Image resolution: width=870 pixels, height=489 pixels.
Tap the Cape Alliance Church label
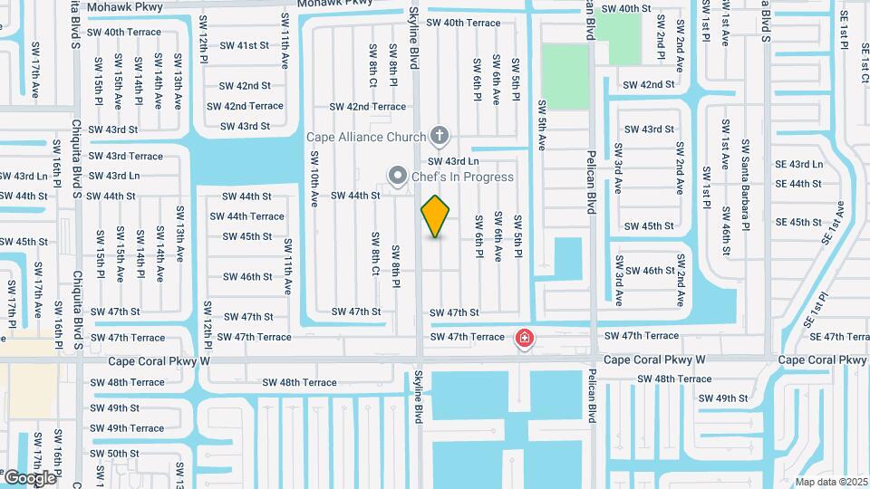pos(365,138)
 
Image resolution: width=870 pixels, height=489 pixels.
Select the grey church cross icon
pos(440,137)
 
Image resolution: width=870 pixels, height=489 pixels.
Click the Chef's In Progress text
pos(463,177)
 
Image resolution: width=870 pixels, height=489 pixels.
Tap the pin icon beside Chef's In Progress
pos(397,176)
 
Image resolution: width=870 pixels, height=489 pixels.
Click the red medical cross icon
pos(524,340)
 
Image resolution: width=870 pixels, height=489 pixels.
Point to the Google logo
pos(29,477)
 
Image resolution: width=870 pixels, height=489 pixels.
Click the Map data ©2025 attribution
pos(831,482)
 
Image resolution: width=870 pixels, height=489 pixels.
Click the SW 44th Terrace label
pos(246,216)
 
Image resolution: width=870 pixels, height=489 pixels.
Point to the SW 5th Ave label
pos(542,125)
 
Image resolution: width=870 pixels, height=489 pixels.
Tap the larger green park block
pos(565,77)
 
